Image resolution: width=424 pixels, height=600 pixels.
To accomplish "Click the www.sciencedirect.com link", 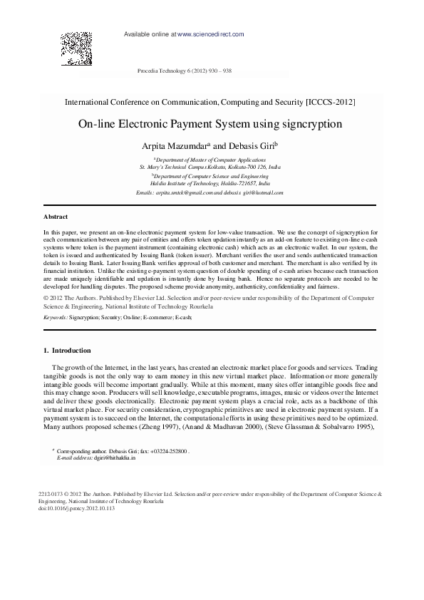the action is point(211,34).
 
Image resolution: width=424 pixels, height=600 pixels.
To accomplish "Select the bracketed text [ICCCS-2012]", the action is point(330,103).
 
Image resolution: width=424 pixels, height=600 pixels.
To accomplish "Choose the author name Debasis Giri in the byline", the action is point(252,146).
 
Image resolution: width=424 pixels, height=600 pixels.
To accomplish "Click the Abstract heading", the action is point(56,216).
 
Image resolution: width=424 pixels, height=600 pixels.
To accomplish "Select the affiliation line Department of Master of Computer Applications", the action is point(209,161).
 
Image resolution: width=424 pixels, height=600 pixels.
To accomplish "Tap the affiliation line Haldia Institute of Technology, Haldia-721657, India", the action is point(210,183).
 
